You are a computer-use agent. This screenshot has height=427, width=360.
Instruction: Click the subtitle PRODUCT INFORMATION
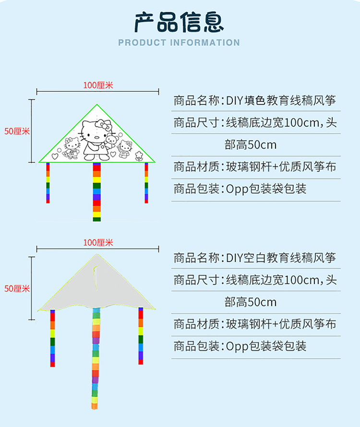(x=179, y=43)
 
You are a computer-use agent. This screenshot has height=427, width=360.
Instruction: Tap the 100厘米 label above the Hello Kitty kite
(x=98, y=85)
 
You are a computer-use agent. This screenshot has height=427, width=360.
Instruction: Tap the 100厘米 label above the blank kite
(x=98, y=243)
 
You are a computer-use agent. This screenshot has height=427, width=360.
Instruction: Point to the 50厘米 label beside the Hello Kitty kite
(x=17, y=131)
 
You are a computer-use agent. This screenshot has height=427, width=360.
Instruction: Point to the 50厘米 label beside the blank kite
(x=17, y=288)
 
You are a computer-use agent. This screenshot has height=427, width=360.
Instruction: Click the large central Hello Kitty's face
(x=95, y=130)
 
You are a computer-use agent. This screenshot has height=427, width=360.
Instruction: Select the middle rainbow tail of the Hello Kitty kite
(x=97, y=192)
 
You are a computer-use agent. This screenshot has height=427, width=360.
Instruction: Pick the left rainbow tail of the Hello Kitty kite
(x=48, y=183)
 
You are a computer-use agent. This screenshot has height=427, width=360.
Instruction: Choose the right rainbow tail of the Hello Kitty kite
(x=146, y=183)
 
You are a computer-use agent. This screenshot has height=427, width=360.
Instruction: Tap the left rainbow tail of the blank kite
(x=52, y=338)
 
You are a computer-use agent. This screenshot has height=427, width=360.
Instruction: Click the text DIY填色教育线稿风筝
(x=281, y=100)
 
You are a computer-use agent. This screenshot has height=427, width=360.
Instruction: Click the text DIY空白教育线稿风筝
(x=281, y=258)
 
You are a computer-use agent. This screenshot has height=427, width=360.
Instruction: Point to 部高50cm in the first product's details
(x=251, y=145)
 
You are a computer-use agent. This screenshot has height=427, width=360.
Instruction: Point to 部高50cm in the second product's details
(x=251, y=302)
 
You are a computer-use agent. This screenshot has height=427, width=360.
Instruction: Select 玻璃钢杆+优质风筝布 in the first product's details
(x=281, y=166)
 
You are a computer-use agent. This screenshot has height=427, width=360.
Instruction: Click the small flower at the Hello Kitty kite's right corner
(x=139, y=154)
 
